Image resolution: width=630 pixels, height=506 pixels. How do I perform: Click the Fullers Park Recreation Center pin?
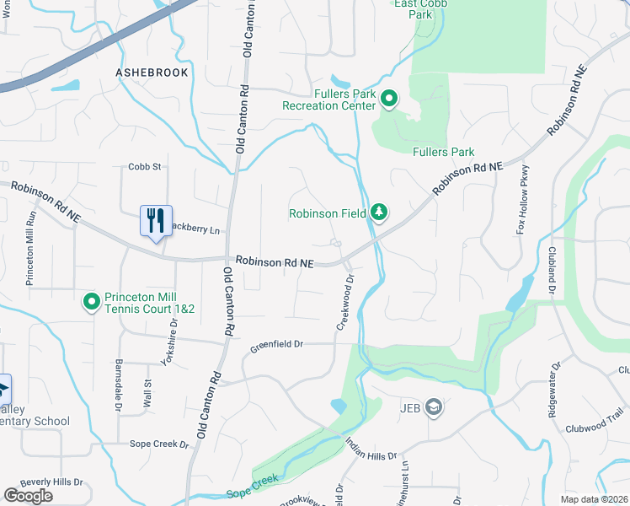(x=388, y=100)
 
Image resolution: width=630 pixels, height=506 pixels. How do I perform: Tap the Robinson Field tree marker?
(x=379, y=213)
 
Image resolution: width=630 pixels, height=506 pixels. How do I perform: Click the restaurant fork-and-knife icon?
(x=156, y=222)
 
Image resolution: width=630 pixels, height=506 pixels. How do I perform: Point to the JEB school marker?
(x=433, y=409)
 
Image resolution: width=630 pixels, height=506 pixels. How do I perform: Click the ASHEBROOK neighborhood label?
(x=152, y=73)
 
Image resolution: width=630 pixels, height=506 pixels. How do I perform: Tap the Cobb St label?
(x=144, y=167)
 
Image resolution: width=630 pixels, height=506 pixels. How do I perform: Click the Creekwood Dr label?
(x=345, y=300)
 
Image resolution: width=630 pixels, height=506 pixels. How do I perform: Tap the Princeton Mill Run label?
(x=30, y=248)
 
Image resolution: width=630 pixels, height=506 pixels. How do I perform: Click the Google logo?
(x=28, y=496)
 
